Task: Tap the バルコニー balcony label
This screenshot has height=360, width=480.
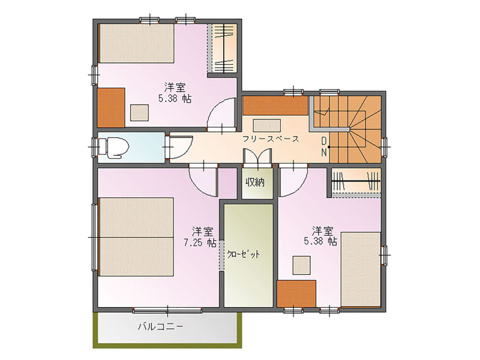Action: click(x=160, y=326)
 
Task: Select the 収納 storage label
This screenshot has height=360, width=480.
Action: click(x=254, y=182)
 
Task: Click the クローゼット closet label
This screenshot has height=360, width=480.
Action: click(x=244, y=254)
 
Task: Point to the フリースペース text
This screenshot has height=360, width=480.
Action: click(x=271, y=139)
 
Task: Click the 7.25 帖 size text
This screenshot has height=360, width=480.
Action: click(x=200, y=243)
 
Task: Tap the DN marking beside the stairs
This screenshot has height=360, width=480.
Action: click(x=323, y=147)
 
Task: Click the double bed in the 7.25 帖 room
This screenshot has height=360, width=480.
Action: click(x=137, y=236)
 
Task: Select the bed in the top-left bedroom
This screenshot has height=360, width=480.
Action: click(x=137, y=43)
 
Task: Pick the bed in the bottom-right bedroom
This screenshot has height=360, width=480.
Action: click(x=361, y=269)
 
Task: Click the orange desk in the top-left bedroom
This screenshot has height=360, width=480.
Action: click(x=111, y=107)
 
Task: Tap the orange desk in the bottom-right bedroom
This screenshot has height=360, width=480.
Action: click(x=296, y=293)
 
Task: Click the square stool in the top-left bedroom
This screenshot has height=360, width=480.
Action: click(x=140, y=112)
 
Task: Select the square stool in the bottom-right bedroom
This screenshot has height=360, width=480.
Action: click(x=302, y=265)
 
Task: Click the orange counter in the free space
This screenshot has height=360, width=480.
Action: click(x=275, y=106)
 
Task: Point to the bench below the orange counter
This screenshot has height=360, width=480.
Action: click(x=266, y=125)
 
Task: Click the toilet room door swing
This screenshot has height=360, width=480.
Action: click(x=181, y=148)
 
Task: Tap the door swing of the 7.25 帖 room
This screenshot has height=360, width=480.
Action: click(x=204, y=180)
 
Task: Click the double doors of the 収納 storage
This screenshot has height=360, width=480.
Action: click(x=257, y=158)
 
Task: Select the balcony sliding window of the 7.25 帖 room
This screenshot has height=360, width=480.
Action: click(x=167, y=311)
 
